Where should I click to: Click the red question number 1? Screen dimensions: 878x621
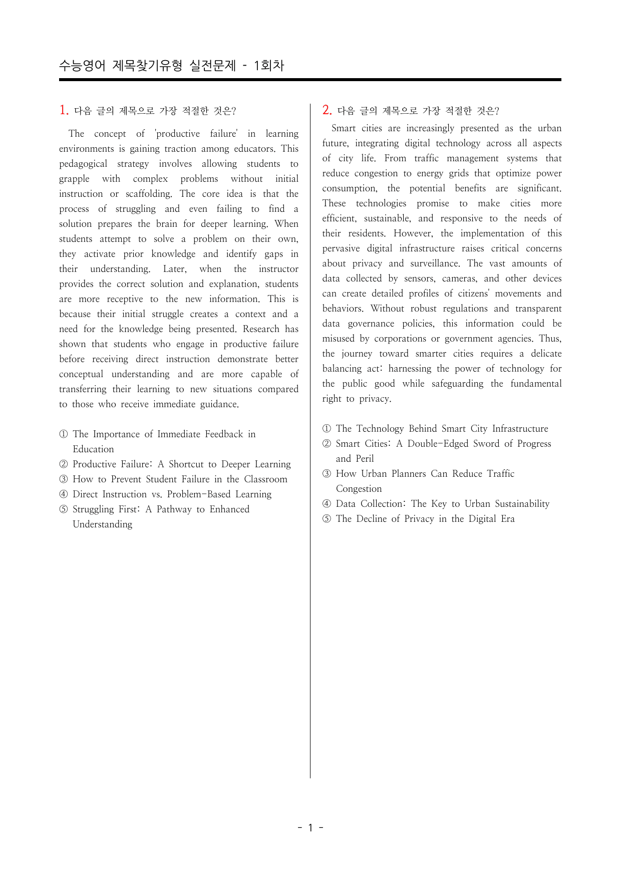[x=64, y=110]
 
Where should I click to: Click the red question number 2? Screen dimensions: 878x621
[x=327, y=110]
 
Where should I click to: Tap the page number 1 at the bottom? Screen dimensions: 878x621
[x=310, y=827]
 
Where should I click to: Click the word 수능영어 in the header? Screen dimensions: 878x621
[x=82, y=66]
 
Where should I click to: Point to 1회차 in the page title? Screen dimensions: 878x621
[x=269, y=66]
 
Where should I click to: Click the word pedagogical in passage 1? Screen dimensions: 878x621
[x=83, y=164]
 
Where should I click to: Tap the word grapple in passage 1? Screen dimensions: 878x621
[x=74, y=179]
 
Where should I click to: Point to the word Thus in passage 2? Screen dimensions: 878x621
[x=550, y=339]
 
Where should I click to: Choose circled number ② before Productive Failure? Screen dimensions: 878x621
[x=64, y=464]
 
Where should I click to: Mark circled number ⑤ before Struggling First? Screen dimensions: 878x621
[x=64, y=509]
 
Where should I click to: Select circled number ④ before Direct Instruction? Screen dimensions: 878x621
[x=64, y=494]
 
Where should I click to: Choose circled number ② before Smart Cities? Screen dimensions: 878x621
[x=327, y=444]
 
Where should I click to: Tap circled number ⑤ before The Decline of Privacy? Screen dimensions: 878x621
[x=327, y=519]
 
